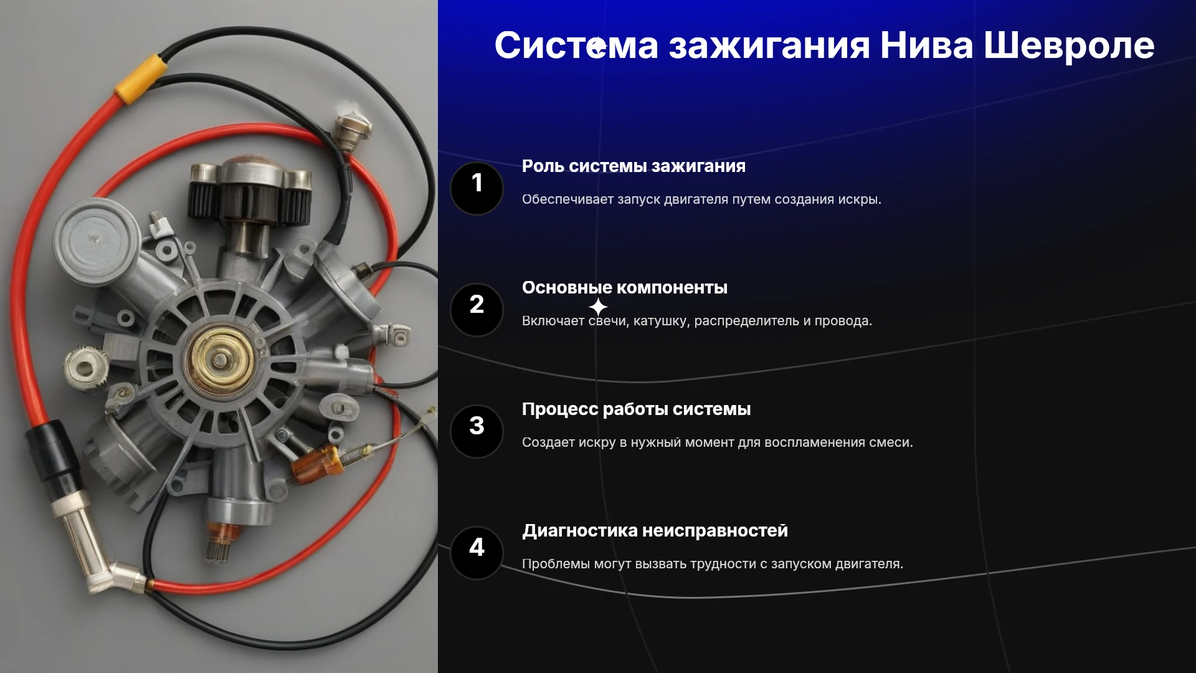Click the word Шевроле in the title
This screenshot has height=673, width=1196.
pyautogui.click(x=1069, y=45)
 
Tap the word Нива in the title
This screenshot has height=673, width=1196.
pyautogui.click(x=926, y=45)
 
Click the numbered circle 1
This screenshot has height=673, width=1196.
pyautogui.click(x=477, y=188)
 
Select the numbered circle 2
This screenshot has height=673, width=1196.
pyautogui.click(x=477, y=310)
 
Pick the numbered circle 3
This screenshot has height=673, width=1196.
pyautogui.click(x=477, y=431)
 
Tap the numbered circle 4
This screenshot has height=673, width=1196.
pyautogui.click(x=477, y=553)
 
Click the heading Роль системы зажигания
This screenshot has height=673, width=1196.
pyautogui.click(x=634, y=166)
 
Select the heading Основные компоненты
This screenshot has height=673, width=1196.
pyautogui.click(x=625, y=288)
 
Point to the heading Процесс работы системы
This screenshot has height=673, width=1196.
pyautogui.click(x=636, y=409)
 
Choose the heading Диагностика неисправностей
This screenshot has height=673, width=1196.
pyautogui.click(x=655, y=531)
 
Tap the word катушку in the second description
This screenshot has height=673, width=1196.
pyautogui.click(x=662, y=322)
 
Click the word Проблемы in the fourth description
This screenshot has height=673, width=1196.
pyautogui.click(x=556, y=564)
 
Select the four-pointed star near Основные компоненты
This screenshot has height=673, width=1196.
pyautogui.click(x=598, y=307)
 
